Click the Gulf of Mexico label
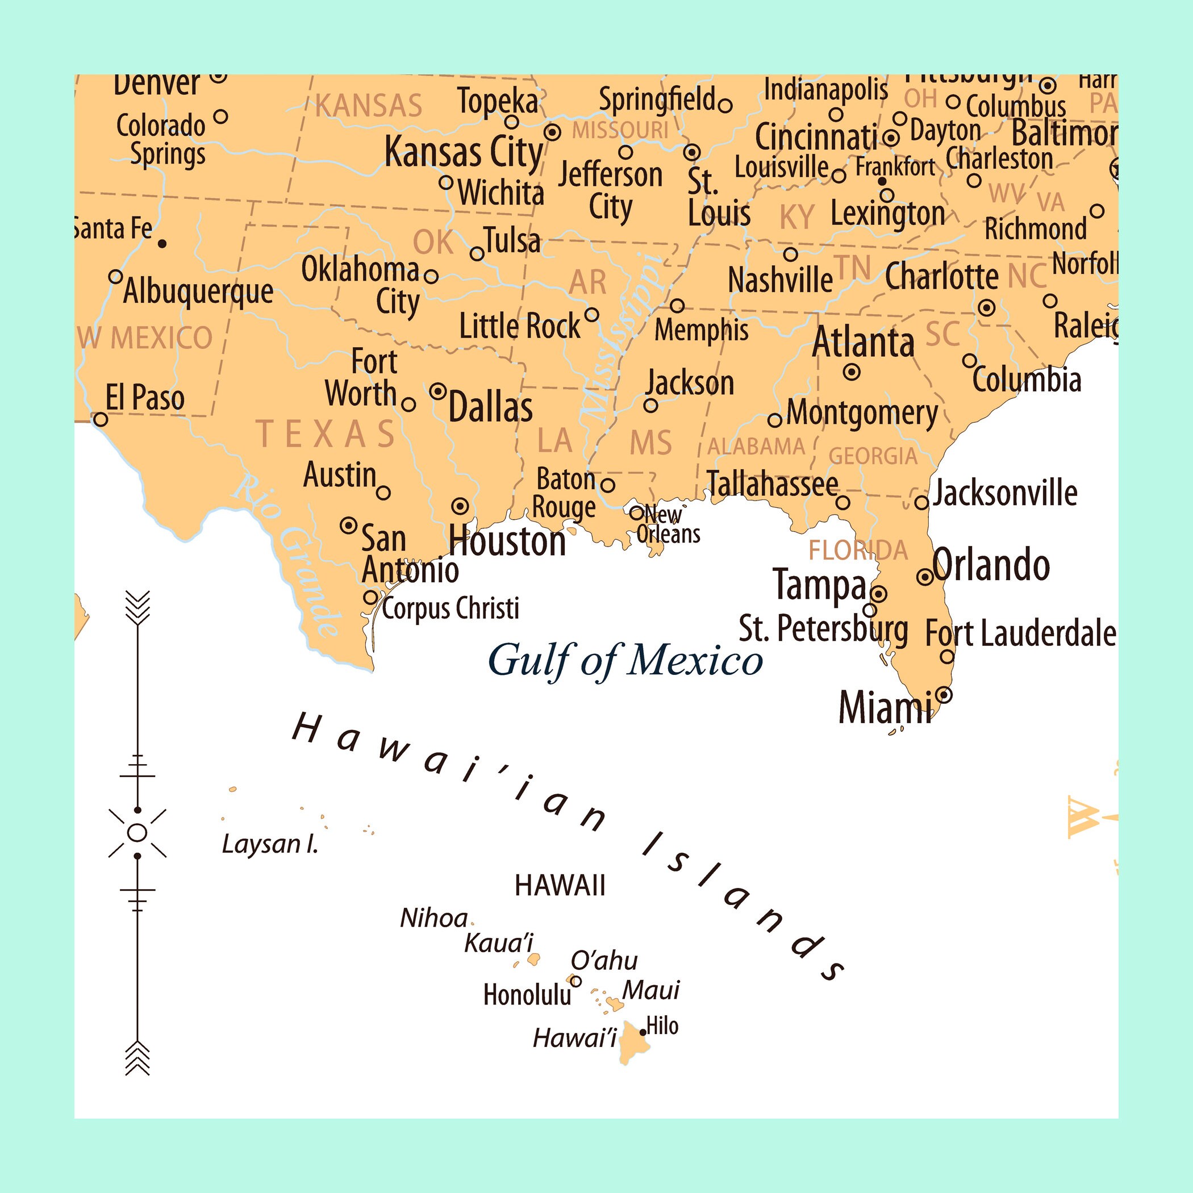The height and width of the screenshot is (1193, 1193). [x=625, y=660]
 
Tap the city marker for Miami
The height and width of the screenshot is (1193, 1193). [x=944, y=695]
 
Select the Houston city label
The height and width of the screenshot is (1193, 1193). [x=507, y=541]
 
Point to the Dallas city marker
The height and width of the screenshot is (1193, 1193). [x=438, y=391]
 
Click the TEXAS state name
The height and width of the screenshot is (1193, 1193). [x=326, y=433]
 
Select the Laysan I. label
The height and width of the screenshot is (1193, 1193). [x=270, y=844]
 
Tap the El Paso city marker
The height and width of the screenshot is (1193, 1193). [x=100, y=420]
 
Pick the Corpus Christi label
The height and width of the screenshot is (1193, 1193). [x=450, y=609]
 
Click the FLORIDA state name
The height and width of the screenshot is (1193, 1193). [x=858, y=550]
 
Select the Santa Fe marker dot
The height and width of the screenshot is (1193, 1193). [x=162, y=244]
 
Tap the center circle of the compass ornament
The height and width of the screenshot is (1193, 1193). [x=137, y=833]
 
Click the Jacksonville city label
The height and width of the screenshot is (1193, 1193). [x=1004, y=493]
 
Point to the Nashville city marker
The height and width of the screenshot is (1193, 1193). [x=790, y=255]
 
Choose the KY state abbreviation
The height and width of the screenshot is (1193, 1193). [x=796, y=218]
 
